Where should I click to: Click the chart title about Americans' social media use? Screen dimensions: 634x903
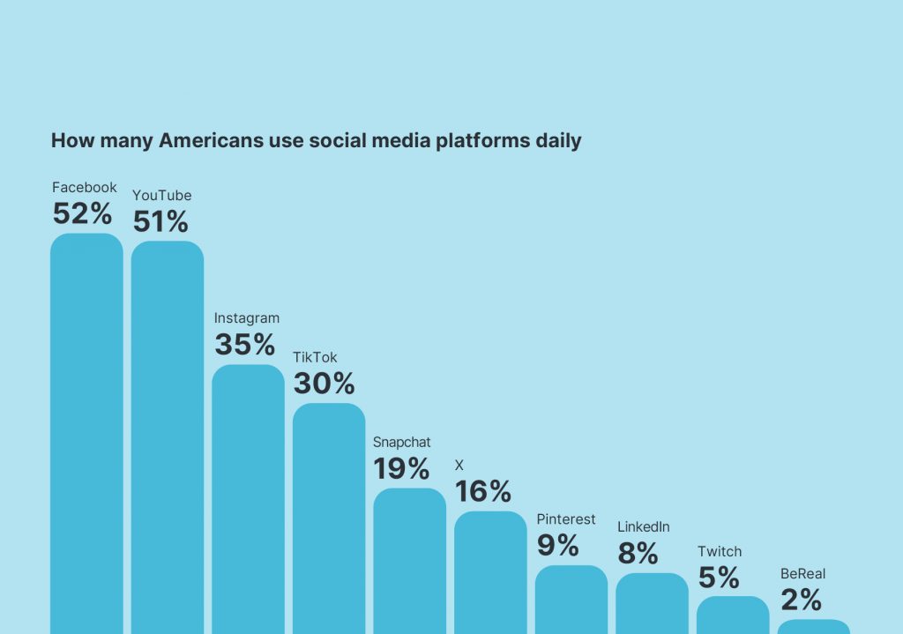coord(316,141)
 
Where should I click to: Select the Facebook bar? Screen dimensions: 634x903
coord(86,432)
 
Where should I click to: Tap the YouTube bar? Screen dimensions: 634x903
coord(168,436)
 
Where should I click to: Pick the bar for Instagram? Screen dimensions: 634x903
coord(248,498)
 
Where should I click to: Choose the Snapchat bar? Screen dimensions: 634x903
coord(409,560)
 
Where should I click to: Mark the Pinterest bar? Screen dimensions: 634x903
coord(571,600)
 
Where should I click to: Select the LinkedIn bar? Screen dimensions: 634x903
coord(652,603)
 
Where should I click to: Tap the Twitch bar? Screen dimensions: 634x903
coord(733,615)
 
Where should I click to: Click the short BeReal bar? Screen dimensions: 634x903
coord(814,626)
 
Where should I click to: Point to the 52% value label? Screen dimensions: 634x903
coord(83,213)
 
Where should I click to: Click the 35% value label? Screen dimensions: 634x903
coord(244,344)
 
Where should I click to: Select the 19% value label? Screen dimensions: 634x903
coord(401,468)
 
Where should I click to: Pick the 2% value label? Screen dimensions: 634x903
coord(801,600)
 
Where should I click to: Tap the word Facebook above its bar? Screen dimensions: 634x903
coord(84,188)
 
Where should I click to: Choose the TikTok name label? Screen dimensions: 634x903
coord(315,357)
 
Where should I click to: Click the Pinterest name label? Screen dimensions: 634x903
coord(566,519)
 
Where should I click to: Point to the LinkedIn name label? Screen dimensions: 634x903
coord(644,527)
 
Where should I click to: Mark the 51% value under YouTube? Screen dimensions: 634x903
coord(161,221)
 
